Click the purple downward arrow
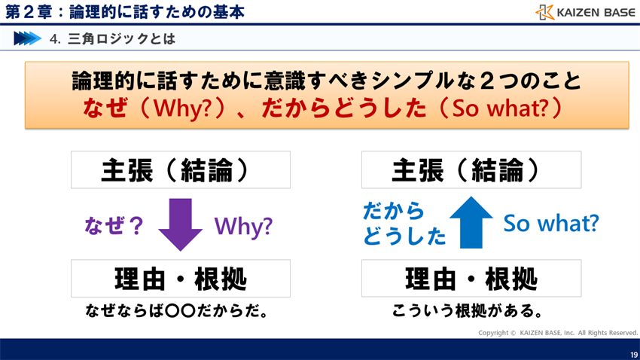181,224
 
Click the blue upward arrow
471,222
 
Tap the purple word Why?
243,226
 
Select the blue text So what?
550,223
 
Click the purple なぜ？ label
114,226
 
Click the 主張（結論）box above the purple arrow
181,170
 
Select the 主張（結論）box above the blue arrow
471,170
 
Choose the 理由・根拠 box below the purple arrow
181,279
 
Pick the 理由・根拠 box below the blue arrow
471,279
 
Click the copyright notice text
558,332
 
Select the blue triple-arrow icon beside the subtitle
27,38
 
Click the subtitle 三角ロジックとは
120,38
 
